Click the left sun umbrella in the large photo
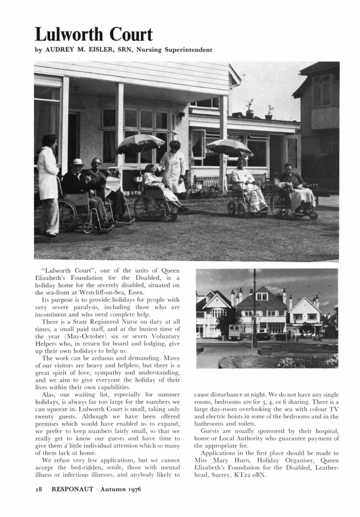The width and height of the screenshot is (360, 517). click(140, 144)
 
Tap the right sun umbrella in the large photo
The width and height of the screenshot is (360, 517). click(229, 147)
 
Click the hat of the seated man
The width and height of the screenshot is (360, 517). click(78, 162)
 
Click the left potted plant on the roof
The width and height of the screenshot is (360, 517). click(250, 108)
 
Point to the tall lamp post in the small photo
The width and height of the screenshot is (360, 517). click(254, 308)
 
